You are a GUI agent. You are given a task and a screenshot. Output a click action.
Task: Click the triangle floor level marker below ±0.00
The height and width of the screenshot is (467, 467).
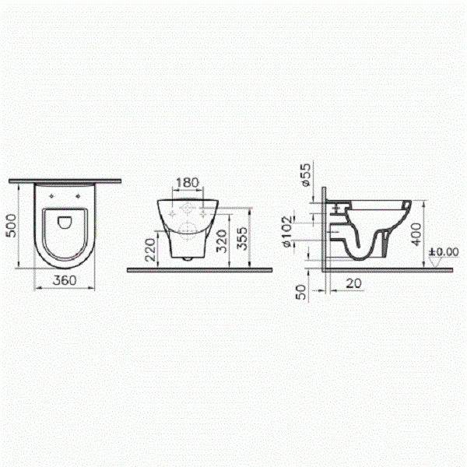tap(435, 262)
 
